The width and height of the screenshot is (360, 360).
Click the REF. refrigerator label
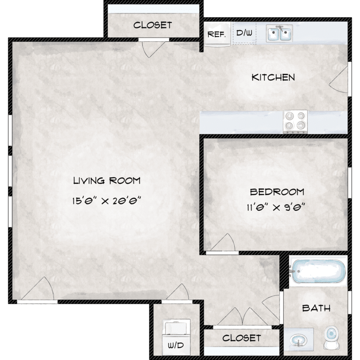[x=216, y=35]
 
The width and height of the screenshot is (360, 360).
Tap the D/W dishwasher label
[x=244, y=33]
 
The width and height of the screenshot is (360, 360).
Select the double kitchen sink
[x=279, y=34]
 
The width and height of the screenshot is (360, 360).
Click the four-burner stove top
[x=295, y=122]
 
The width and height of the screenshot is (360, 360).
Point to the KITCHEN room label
[x=273, y=77]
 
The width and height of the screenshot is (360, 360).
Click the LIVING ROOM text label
[x=107, y=180]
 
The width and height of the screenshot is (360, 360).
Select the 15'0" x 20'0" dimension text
[x=106, y=201]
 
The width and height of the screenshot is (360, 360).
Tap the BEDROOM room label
[x=277, y=192]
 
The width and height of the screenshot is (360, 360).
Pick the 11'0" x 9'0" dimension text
[x=276, y=207]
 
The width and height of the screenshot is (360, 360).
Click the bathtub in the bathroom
[x=318, y=271]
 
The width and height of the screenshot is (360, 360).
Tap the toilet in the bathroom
[x=331, y=337]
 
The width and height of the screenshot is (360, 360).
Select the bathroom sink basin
[x=298, y=340]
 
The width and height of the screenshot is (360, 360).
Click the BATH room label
[x=316, y=308]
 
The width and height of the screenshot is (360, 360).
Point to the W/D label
[x=176, y=345]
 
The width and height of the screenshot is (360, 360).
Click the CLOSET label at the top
[x=153, y=25]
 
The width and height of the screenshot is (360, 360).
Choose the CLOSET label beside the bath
[x=241, y=338]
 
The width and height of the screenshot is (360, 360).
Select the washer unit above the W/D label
[x=176, y=327]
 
